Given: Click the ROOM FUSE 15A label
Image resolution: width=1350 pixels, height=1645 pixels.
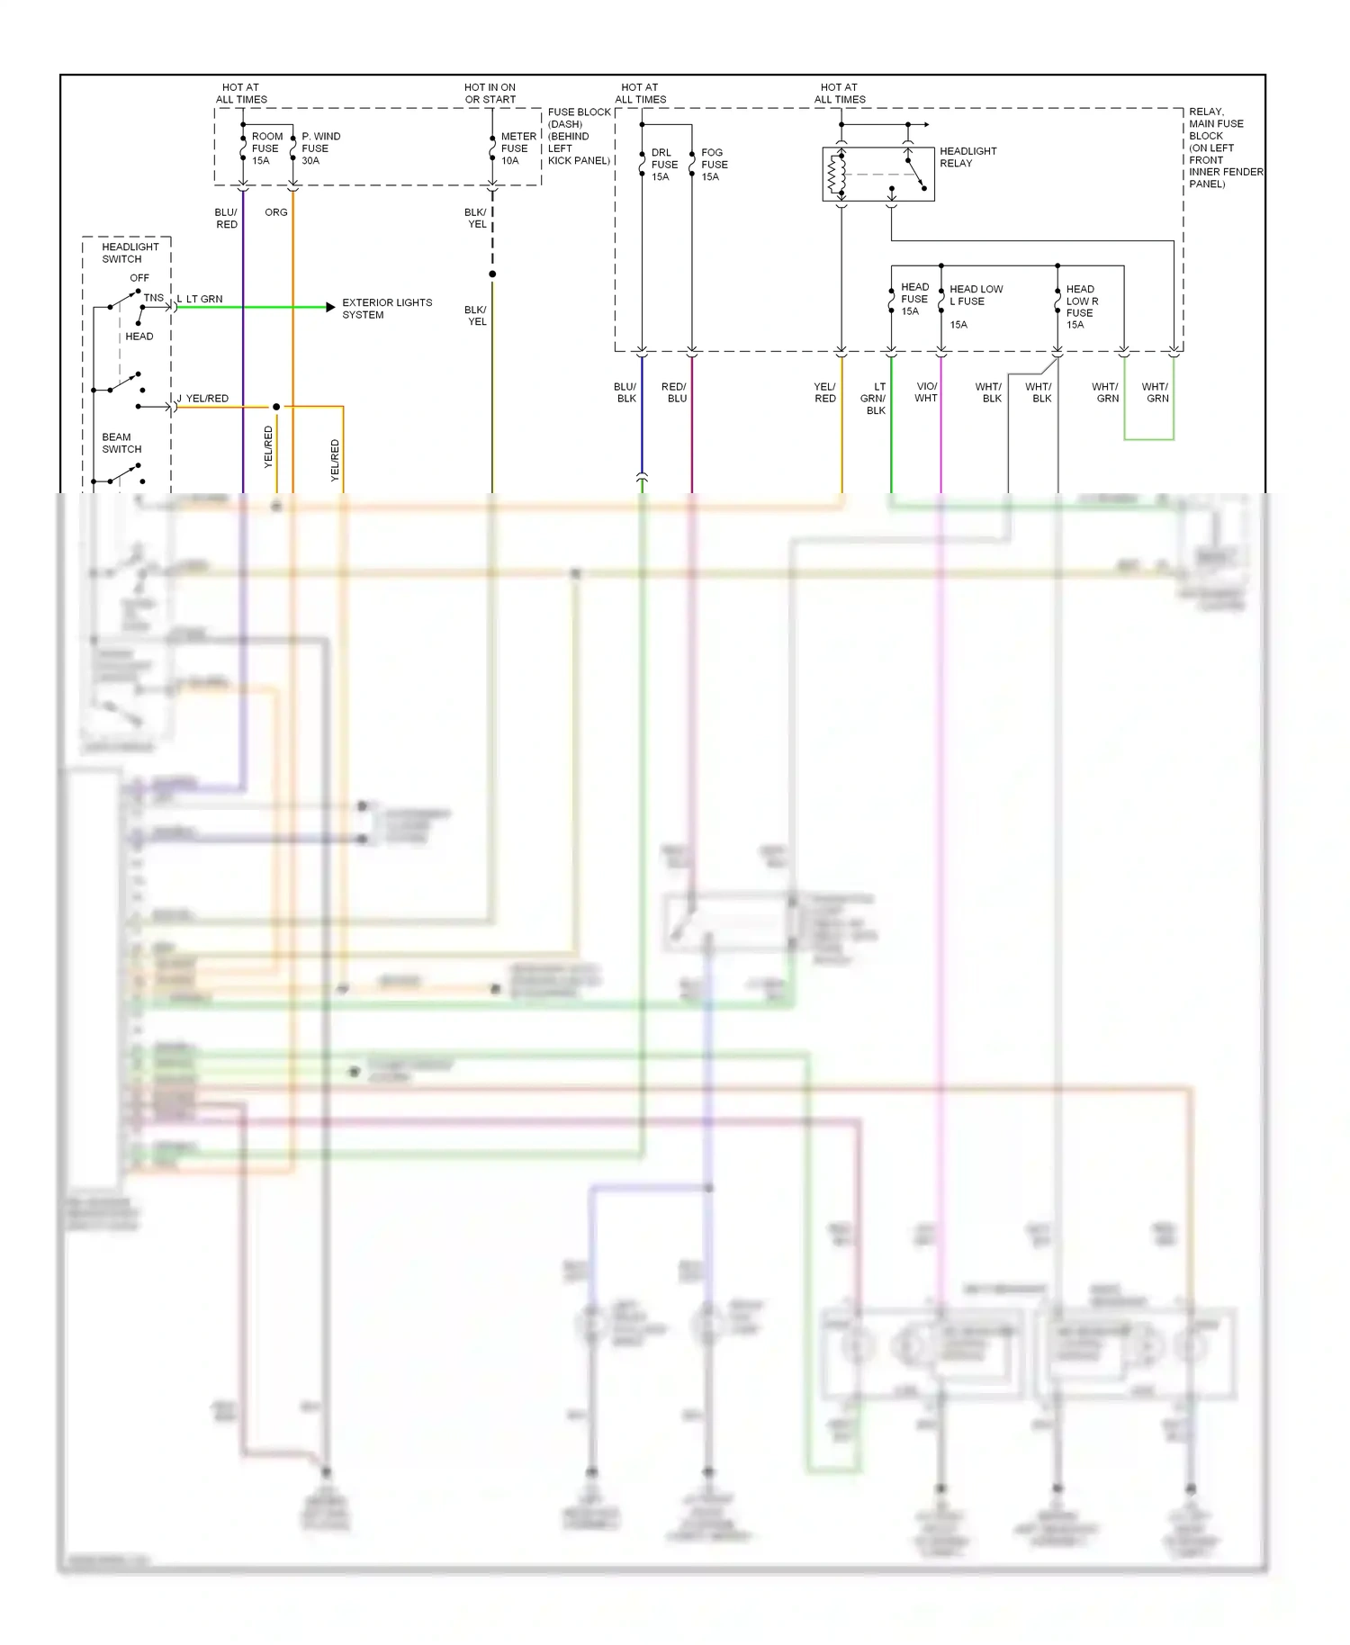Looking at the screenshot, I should (266, 148).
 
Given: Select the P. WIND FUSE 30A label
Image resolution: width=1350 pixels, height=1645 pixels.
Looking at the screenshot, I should (319, 148).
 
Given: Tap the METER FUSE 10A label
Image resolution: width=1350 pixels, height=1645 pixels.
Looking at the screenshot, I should (517, 148).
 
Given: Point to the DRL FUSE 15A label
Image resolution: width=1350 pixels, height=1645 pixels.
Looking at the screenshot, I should (664, 165).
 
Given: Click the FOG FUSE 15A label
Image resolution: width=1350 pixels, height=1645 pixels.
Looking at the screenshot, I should (714, 165).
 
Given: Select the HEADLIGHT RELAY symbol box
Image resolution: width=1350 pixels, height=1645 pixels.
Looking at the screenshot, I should (877, 174).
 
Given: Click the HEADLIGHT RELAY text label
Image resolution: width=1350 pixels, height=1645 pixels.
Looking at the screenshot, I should (967, 157).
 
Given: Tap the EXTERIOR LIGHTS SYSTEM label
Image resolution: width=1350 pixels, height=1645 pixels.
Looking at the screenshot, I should (386, 309).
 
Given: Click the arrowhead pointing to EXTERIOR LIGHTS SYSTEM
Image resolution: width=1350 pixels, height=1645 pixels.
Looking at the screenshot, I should (330, 308).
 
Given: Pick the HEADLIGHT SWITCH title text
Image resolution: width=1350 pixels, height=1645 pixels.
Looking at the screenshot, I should (130, 253).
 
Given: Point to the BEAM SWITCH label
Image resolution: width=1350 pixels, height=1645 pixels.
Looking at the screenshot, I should (121, 443).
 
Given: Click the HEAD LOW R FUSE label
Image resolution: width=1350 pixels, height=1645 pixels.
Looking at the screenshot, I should (1081, 307).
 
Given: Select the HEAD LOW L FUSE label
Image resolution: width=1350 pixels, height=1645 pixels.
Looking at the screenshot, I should (975, 295).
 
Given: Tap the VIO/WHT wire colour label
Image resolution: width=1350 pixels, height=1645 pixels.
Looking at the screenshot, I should (926, 392).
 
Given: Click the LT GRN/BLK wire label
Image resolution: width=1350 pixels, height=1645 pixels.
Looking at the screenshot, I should (873, 399).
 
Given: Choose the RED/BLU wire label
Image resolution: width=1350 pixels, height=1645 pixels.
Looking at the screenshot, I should (674, 392).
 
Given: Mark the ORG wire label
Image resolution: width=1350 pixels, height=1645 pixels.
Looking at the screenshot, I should (276, 212).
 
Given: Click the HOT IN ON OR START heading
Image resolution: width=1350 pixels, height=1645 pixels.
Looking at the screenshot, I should (490, 94).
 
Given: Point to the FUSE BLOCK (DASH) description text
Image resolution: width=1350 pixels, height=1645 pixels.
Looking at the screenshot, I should (578, 137).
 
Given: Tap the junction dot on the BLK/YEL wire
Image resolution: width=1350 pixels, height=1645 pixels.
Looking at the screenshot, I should (492, 274).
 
